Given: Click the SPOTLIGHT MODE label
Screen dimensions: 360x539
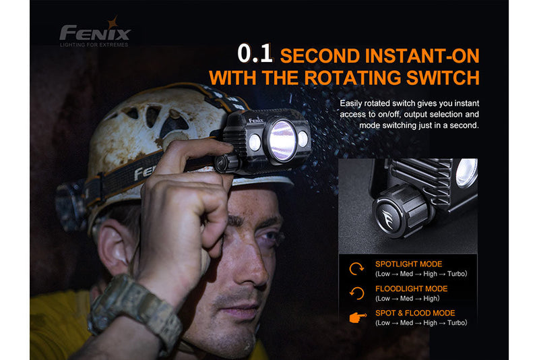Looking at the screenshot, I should (409, 264).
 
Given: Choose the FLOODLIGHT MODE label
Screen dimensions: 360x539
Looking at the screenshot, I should (411, 289).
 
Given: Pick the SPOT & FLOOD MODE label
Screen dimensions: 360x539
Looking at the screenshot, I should (415, 313).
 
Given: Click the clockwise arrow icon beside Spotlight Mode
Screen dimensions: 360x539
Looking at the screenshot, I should (357, 268).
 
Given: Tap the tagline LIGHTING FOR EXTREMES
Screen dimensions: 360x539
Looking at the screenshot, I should (94, 44).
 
